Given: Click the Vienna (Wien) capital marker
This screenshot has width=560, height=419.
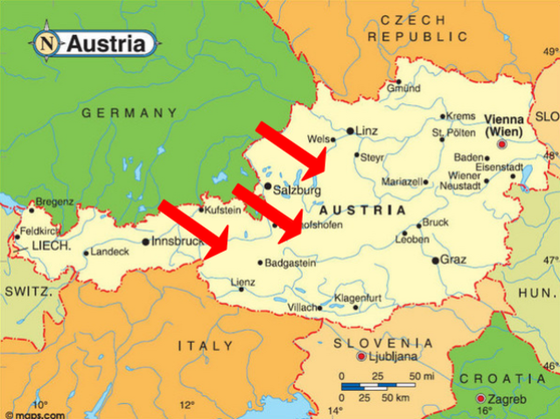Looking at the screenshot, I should (502, 144).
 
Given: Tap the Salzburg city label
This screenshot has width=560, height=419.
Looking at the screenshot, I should (297, 189).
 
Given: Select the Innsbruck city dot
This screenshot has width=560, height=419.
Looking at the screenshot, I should (145, 242).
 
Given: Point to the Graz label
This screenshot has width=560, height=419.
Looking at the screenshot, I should (453, 260).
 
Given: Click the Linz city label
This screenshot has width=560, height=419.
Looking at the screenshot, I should (366, 131).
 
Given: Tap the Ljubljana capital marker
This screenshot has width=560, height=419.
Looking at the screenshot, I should (360, 357).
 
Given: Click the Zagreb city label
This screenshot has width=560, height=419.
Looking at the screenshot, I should (506, 400).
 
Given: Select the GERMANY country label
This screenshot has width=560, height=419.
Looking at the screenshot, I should (129, 113).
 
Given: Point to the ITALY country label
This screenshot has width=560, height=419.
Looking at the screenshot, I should (206, 346).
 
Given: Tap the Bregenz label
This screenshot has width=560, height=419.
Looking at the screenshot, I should (54, 201).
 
